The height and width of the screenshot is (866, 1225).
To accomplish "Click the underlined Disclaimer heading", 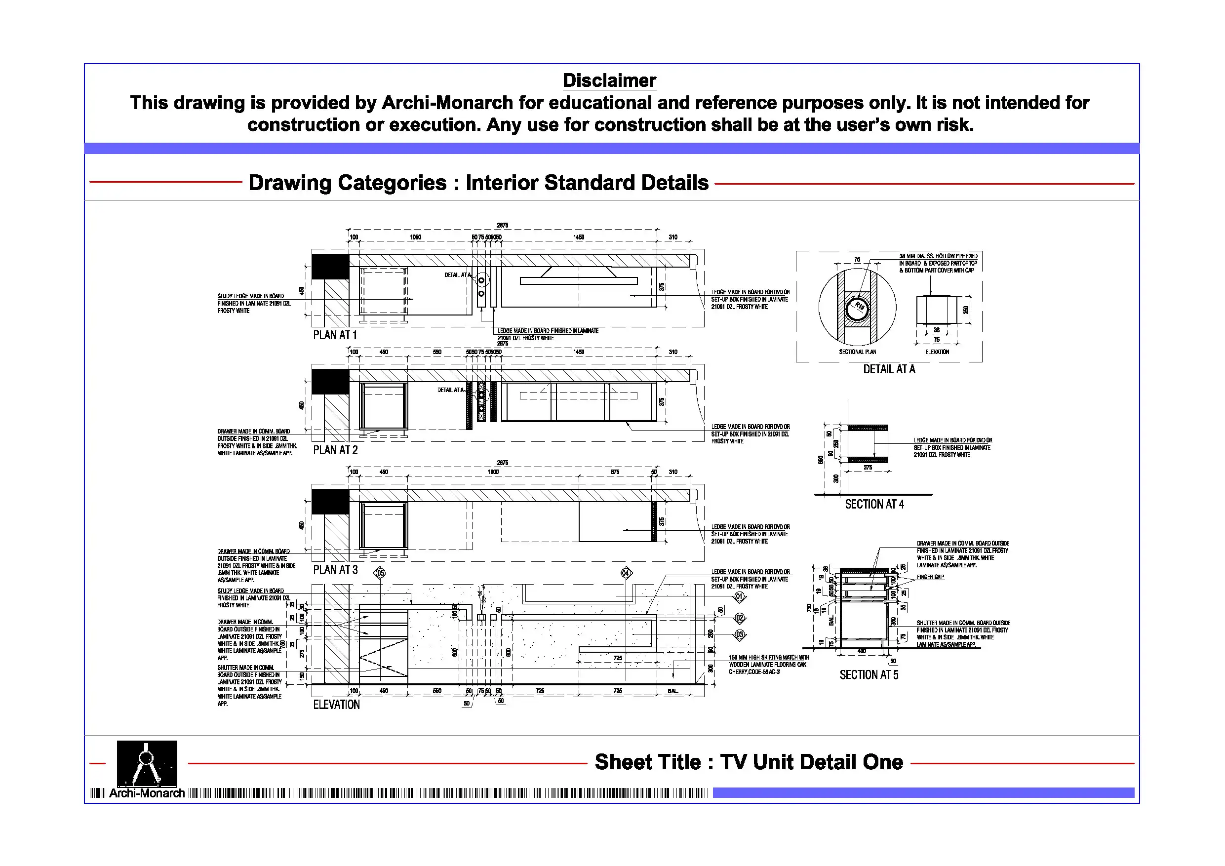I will click(609, 80).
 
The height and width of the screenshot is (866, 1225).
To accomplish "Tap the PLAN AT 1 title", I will click(335, 335).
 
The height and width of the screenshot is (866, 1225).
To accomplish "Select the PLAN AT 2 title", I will click(335, 450).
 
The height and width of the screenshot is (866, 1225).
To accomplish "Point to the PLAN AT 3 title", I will click(335, 570).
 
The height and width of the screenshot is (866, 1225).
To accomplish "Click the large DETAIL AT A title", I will click(889, 369).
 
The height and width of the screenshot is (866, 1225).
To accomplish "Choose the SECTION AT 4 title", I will click(874, 504).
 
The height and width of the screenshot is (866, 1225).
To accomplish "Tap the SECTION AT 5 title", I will click(869, 675).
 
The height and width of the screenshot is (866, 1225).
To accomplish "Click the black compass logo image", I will click(147, 763).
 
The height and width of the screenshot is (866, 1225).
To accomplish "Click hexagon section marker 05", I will click(380, 573).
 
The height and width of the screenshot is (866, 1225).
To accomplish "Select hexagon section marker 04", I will click(626, 573).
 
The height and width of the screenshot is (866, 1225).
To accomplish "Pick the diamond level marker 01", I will click(740, 596).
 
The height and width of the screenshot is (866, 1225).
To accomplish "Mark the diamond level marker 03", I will click(740, 634).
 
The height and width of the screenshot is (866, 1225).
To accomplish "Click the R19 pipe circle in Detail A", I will click(857, 308).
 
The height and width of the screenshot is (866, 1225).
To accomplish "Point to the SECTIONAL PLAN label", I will click(857, 352).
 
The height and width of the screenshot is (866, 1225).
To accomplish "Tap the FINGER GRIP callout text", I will click(931, 577).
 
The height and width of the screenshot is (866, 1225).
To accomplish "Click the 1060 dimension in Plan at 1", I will click(415, 237).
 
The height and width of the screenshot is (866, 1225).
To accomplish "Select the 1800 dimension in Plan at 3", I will click(493, 472).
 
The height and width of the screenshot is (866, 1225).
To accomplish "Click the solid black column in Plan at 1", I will click(330, 266).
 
